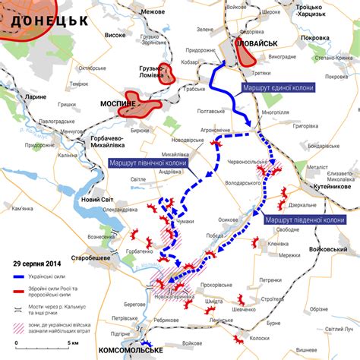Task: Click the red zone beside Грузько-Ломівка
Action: (171, 74)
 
